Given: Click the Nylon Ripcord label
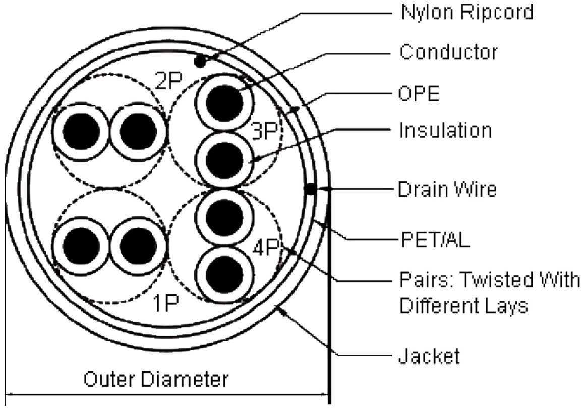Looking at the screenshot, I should [466, 12].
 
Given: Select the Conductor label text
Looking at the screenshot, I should [448, 51].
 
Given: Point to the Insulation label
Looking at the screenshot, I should [445, 131].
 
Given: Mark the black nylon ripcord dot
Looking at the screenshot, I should [200, 62].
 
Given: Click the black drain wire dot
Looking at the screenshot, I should [311, 189].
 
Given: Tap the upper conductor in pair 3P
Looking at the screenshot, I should [222, 102].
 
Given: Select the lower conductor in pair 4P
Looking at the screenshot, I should [222, 273].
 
